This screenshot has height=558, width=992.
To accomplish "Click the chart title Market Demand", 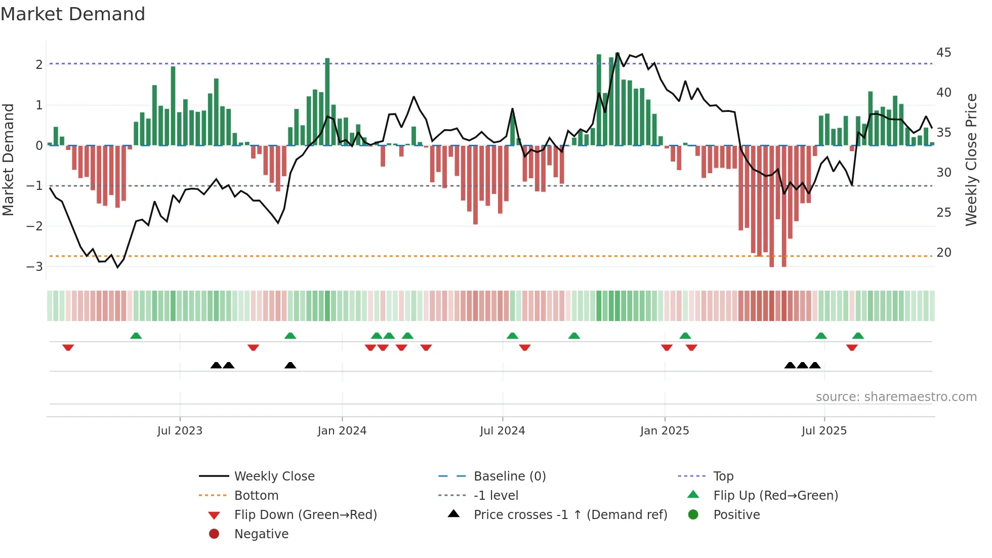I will click(73, 14).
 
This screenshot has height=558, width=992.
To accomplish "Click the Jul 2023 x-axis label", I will click(180, 431).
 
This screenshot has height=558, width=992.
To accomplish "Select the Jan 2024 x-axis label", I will click(342, 431).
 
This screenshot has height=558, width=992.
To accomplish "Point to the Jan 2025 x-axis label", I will click(664, 431).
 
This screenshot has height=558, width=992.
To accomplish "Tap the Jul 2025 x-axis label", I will click(824, 431).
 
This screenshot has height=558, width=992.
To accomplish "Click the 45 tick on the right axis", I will click(943, 53).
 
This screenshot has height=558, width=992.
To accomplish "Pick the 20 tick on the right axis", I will click(943, 252).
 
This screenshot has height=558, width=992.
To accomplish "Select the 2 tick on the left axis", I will click(39, 64).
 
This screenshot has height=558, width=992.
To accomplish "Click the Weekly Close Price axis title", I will click(971, 160).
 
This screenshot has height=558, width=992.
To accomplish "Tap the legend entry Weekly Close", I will click(274, 476).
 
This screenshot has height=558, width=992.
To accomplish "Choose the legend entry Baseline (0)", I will click(509, 476).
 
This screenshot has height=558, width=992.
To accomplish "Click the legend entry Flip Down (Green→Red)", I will click(305, 515).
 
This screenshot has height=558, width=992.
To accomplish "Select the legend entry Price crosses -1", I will click(570, 515).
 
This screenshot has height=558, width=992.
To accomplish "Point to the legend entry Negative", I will click(261, 534).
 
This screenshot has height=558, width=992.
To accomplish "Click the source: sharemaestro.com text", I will click(896, 397).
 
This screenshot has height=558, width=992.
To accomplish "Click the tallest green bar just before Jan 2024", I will click(327, 101).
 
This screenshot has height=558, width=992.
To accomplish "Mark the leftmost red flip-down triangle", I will click(68, 347).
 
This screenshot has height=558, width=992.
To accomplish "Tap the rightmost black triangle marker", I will click(814, 365).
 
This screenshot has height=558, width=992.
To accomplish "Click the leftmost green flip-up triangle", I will click(136, 336).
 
